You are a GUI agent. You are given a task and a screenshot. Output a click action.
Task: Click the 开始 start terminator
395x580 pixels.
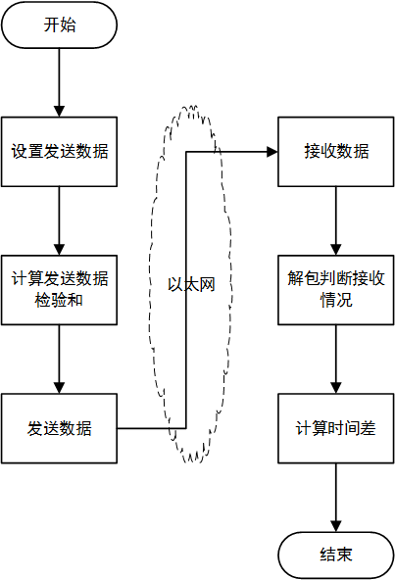[x=60, y=25]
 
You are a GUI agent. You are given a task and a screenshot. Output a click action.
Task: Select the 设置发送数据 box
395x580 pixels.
[x=60, y=152]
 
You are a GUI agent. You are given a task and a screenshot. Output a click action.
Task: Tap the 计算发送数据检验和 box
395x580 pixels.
[x=60, y=289]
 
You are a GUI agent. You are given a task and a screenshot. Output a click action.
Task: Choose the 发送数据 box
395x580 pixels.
[x=60, y=428]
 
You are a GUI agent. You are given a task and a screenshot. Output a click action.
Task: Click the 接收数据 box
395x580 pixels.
[x=336, y=152]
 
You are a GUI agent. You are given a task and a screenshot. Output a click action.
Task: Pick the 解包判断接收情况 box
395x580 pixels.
[x=336, y=289]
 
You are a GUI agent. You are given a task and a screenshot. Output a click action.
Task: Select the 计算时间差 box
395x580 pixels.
[x=336, y=428]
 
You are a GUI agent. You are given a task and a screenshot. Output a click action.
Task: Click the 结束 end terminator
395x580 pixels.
[x=336, y=556]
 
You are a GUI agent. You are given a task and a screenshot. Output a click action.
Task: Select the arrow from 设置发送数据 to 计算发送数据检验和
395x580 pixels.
[x=60, y=219]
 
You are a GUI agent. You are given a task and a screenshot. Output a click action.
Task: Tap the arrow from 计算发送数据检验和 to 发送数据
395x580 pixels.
[x=60, y=358]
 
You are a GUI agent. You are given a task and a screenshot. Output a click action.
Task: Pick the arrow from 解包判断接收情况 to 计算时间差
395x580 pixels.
[x=336, y=358]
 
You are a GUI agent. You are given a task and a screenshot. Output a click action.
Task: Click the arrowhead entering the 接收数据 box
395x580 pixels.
[x=272, y=152]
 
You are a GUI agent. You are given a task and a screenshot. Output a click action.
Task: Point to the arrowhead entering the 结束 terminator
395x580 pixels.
[x=336, y=527]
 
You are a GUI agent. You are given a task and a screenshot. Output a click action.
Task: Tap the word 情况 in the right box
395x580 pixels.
[x=336, y=300]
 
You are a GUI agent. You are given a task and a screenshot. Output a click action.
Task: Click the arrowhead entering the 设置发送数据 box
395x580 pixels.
[x=60, y=110]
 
